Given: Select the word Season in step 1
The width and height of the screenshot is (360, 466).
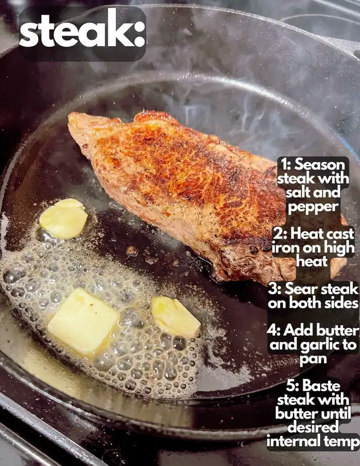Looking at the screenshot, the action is coord(319,164).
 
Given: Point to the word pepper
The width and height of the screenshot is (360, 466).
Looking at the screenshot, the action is coord(313,207).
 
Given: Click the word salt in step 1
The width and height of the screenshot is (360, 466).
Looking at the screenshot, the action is coord(297,192).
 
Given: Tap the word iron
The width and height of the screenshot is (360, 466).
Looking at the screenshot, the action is coord(286,248).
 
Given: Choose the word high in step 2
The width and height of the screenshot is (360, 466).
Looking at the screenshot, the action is coord(339,248).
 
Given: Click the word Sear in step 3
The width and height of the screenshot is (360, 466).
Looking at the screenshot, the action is coord(301,289).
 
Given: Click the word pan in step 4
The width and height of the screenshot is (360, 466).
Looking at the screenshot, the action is coord(313,360).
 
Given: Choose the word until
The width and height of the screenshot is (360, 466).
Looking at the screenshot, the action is coord(336,414).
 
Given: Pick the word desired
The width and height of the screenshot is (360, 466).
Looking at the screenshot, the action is coord(313,427).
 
